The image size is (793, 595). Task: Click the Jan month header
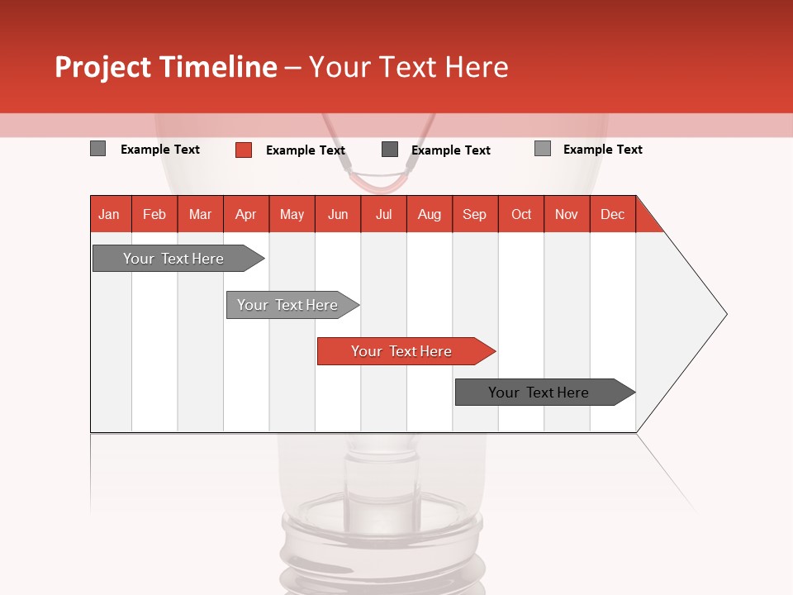(110, 214)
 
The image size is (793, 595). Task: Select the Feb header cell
(154, 214)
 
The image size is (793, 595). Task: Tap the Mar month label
(200, 214)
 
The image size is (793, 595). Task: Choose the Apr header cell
(246, 214)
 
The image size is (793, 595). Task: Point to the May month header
(292, 214)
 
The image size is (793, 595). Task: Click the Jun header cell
(338, 214)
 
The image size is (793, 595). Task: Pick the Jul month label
(383, 214)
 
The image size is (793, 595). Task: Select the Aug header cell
(430, 214)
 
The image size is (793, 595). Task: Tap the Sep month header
(475, 214)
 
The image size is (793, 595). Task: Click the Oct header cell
(521, 214)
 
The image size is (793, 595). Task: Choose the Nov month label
(567, 214)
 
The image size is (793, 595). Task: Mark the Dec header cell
(612, 214)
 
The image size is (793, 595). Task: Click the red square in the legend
(244, 150)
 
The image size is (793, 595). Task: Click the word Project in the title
(103, 68)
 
